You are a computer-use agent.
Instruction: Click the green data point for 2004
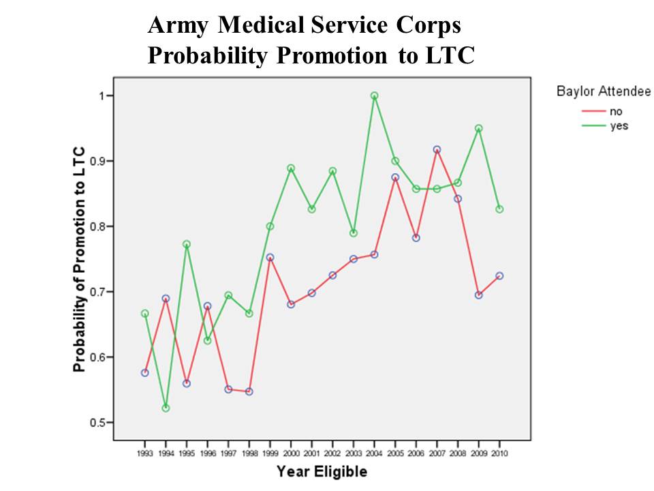pos(374,96)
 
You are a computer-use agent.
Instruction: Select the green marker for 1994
pos(166,408)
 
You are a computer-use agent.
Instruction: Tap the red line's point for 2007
pos(437,149)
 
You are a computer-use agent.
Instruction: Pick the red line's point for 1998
pos(249,391)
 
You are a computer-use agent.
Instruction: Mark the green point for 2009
pos(479,128)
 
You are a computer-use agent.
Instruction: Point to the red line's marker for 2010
pos(499,276)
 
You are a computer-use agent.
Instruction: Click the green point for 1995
pos(186,244)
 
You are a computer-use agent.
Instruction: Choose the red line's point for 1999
pos(270,258)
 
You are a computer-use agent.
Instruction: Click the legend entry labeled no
pos(616,112)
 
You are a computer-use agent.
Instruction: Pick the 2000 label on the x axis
pos(291,452)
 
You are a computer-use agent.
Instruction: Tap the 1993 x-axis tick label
pos(144,452)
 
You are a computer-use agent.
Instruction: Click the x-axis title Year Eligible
pos(322,471)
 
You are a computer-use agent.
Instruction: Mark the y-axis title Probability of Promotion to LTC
pos(80,259)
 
